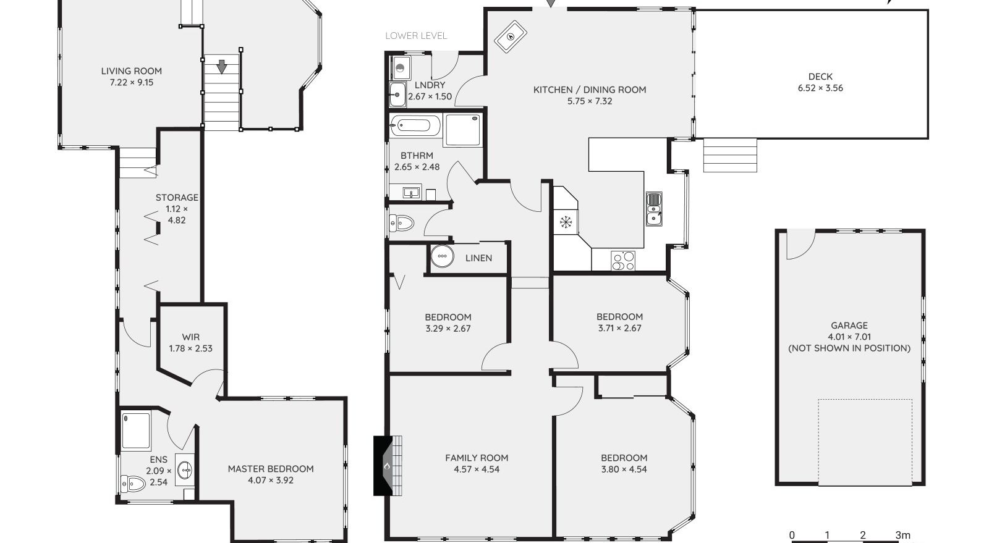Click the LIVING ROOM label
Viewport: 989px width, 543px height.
tap(131, 71)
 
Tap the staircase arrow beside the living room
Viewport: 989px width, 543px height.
tap(221, 65)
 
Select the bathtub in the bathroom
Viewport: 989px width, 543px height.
tap(415, 127)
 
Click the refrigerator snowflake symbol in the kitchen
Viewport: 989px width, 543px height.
tap(566, 222)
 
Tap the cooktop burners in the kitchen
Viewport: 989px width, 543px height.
tap(622, 261)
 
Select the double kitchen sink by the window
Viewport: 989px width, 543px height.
tap(653, 209)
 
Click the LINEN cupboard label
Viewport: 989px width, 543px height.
tap(478, 258)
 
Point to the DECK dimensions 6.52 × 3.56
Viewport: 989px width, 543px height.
tap(820, 88)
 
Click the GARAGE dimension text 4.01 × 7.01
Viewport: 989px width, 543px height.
tap(849, 337)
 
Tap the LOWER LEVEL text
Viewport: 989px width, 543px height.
tap(415, 36)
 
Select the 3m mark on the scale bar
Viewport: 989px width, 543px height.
tap(902, 536)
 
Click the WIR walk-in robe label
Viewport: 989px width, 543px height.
tap(190, 337)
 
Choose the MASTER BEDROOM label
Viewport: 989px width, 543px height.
tap(271, 469)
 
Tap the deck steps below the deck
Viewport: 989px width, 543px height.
tap(730, 155)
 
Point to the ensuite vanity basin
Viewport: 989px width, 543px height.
tap(185, 471)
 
